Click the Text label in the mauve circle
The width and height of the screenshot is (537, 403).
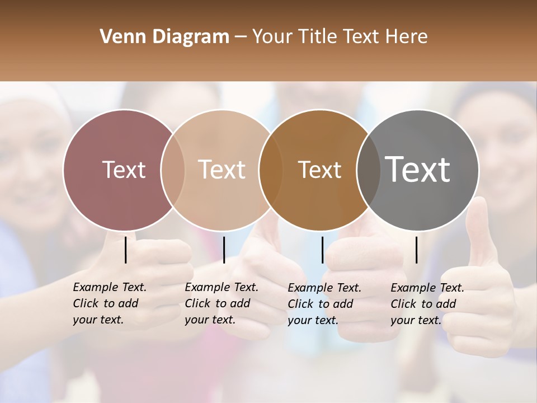tap(124, 170)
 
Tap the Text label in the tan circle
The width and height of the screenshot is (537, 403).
tap(222, 170)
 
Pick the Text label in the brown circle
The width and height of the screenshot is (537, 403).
tap(319, 170)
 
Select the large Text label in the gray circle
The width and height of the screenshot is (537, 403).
tap(417, 170)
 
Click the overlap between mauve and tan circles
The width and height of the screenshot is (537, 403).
tap(173, 170)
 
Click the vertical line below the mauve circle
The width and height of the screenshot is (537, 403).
tap(126, 250)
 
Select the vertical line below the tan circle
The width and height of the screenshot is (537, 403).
tap(224, 250)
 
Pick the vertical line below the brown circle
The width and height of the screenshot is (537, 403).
tap(322, 250)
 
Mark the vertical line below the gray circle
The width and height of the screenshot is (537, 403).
tap(417, 250)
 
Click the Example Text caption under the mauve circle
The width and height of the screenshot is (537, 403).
tap(109, 303)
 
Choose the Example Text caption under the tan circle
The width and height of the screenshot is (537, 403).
tap(221, 303)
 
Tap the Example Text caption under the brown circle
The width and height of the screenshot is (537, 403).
tap(324, 304)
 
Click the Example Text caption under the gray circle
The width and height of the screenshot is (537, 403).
tap(427, 304)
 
